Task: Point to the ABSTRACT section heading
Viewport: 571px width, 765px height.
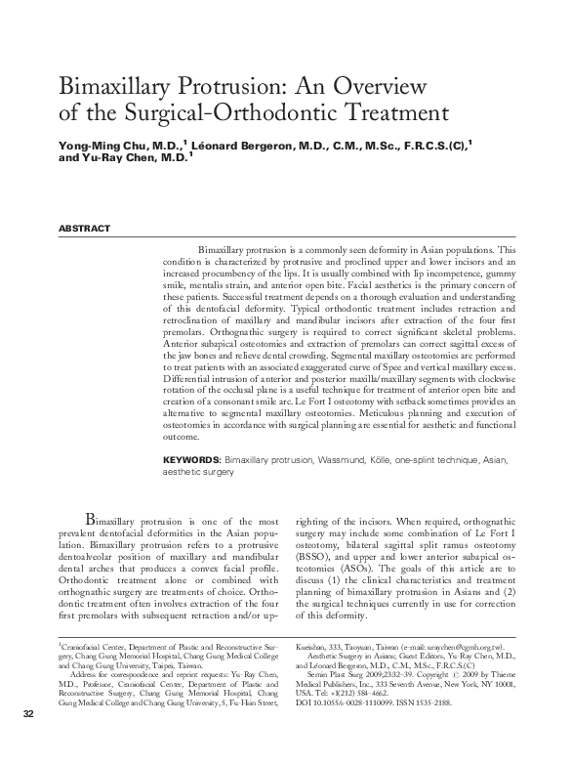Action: (x=84, y=228)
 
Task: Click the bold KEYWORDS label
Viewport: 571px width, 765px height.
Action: (x=191, y=458)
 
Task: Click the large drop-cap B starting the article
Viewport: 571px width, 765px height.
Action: (x=93, y=517)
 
